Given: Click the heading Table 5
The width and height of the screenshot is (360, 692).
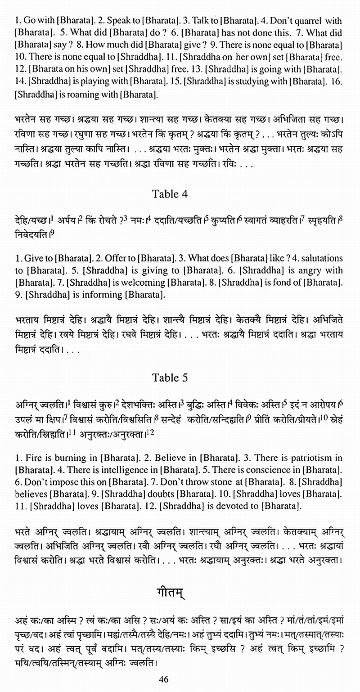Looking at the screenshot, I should click(169, 377).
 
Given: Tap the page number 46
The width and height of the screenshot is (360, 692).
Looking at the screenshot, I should click(164, 679).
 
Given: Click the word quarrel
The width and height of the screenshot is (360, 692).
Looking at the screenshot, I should click(307, 21).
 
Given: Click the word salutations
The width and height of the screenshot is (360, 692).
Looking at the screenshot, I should click(320, 258).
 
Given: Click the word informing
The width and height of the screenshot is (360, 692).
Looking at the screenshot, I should click(98, 295).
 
